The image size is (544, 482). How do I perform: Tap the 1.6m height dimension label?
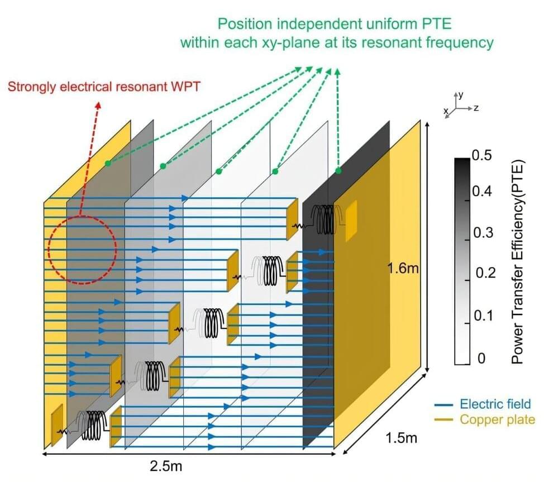point(403,269)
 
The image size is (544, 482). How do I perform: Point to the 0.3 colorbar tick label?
point(483,232)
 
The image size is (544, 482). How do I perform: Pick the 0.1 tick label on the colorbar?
point(483,316)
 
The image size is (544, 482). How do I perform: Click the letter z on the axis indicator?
point(476,107)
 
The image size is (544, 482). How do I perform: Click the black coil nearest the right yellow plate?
point(324,218)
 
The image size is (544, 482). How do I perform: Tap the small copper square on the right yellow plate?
point(351,221)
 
